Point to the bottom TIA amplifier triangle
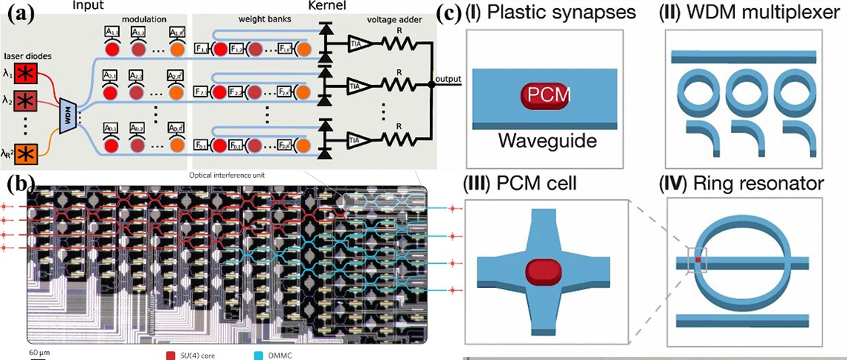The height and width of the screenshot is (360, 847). pos(359,138)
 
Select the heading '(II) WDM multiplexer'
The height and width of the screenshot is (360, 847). pos(744,13)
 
